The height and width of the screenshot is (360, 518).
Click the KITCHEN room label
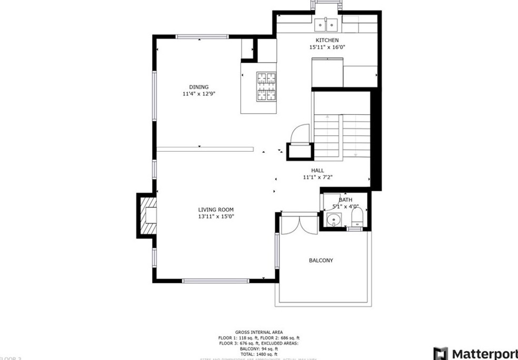click(327, 41)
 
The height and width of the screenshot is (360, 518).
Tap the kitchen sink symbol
click(326, 24)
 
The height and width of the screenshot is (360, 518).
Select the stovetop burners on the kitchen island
click(266, 86)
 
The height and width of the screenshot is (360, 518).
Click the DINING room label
click(199, 87)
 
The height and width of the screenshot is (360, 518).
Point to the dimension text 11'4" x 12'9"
click(199, 94)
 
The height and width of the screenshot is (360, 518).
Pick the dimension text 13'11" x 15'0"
click(216, 216)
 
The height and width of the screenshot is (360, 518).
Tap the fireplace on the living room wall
click(148, 216)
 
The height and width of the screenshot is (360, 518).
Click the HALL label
click(317, 171)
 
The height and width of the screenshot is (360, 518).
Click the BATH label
click(345, 200)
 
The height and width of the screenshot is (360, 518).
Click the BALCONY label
click(321, 261)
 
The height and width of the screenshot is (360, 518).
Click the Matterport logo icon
click(440, 353)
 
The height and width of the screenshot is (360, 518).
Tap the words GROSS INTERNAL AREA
click(258, 332)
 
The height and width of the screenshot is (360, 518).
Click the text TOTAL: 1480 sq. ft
click(258, 354)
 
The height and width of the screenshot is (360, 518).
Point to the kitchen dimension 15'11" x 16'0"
click(327, 47)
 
